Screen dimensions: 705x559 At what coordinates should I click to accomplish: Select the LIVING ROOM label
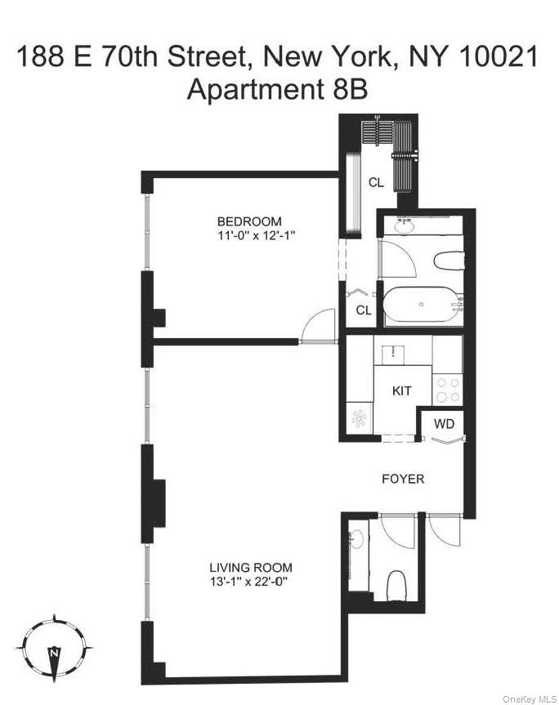(x=251, y=568)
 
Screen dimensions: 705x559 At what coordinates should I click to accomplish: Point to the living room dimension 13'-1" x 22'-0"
(x=251, y=582)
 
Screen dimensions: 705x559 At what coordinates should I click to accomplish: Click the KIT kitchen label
(x=401, y=390)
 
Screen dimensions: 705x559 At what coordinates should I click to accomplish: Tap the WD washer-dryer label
(x=444, y=424)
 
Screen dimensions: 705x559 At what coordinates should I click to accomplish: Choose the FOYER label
(x=404, y=479)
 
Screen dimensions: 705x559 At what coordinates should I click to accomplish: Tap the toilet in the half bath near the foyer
(x=397, y=586)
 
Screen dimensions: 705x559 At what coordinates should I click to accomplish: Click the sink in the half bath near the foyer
(x=356, y=541)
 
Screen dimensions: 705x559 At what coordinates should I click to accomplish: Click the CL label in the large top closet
(x=375, y=182)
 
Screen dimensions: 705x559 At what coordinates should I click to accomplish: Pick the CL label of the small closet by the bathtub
(x=364, y=310)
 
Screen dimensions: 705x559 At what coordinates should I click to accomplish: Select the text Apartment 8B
(x=278, y=89)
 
